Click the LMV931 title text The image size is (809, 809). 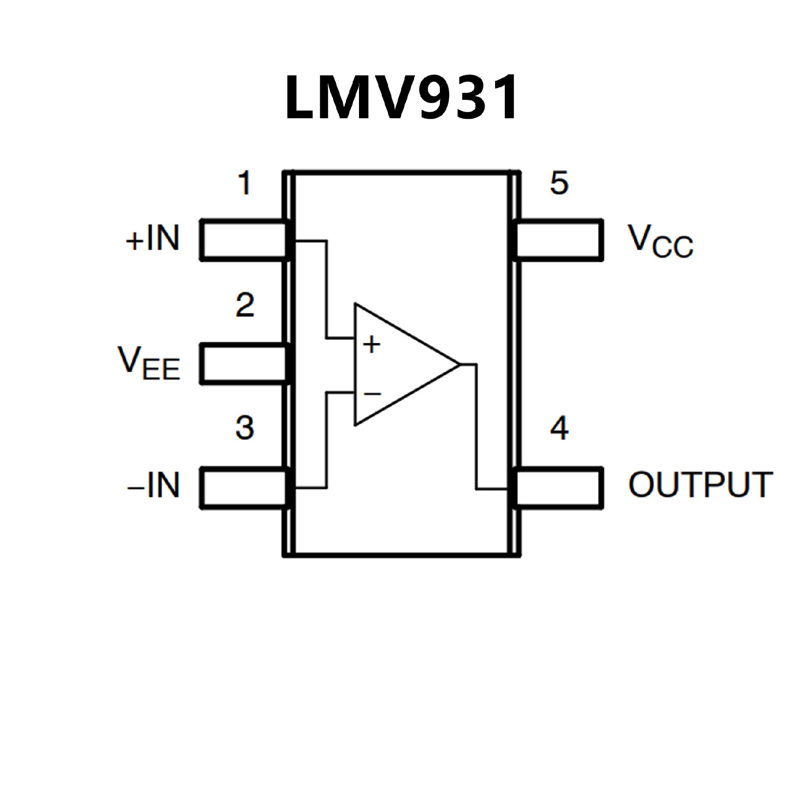click(401, 98)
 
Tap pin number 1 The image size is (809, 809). click(245, 183)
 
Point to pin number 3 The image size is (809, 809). click(245, 428)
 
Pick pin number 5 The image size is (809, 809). click(560, 183)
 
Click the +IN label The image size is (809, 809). click(153, 238)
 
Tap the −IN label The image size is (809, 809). click(153, 485)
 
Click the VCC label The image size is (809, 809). click(660, 241)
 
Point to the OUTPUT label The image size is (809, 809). click(700, 485)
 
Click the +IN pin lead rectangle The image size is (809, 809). click(244, 240)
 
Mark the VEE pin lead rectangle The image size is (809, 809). click(244, 364)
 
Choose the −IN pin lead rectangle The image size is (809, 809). click(244, 488)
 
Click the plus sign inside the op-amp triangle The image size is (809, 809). click(371, 345)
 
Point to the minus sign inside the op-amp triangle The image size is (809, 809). click(372, 394)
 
